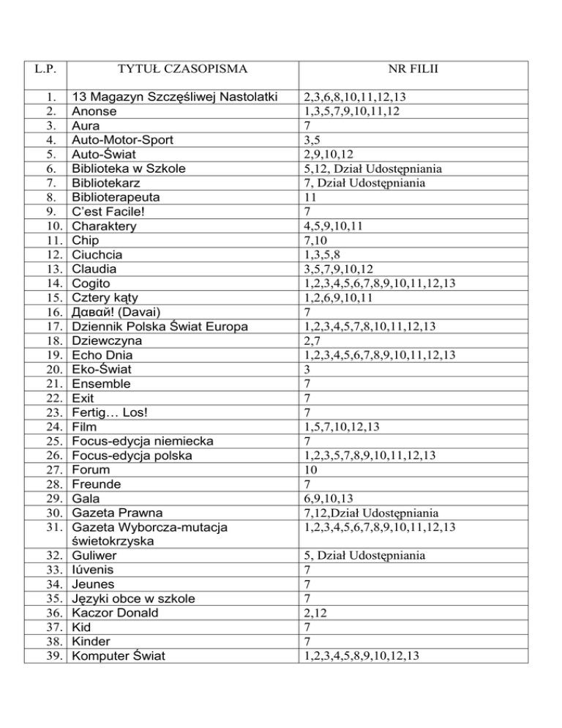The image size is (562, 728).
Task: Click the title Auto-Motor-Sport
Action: point(123,140)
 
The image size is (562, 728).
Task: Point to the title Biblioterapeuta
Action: point(116,197)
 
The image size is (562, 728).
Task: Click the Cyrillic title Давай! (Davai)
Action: point(121,312)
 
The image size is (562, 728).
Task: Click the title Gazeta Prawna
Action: point(117,513)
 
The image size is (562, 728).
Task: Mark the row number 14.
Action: point(50,283)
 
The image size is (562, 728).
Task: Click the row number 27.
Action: point(50,469)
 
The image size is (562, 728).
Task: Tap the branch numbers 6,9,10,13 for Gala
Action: point(329,499)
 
